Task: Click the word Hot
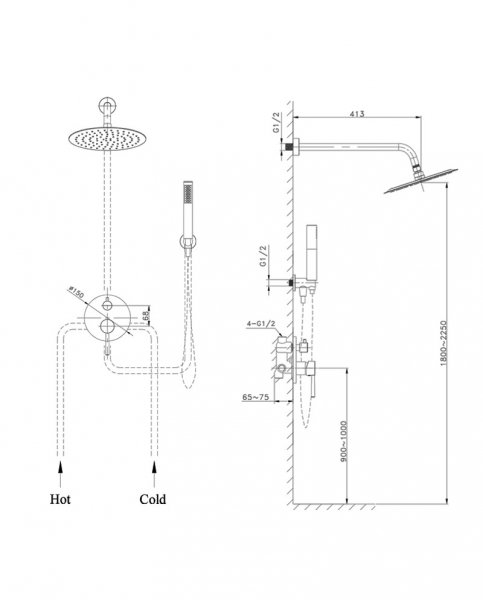60,499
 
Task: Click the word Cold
152,499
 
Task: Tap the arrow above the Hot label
60,474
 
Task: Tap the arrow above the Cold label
154,474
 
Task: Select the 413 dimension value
357,113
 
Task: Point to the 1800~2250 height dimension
443,342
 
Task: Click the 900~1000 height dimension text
343,441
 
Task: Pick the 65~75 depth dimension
255,397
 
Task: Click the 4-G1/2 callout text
261,323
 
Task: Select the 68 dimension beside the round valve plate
145,316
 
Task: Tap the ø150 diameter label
76,292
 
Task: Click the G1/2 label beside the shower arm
277,122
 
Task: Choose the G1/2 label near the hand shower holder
263,256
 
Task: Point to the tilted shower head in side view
421,181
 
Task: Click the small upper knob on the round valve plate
108,305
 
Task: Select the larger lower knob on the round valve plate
107,326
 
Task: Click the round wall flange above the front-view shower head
108,105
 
